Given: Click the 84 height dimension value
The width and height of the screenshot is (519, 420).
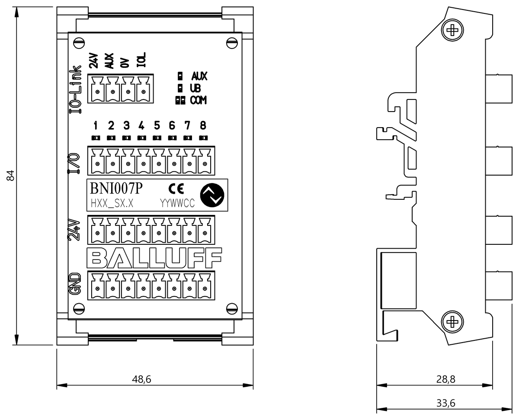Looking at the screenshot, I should click(x=12, y=175).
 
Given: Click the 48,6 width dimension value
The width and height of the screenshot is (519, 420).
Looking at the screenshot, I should click(x=141, y=379).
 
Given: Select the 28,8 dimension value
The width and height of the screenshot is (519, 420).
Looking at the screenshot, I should click(x=446, y=379).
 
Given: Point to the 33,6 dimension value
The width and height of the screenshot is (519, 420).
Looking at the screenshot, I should click(x=446, y=403).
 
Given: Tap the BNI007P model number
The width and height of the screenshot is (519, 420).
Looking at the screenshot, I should click(x=115, y=189).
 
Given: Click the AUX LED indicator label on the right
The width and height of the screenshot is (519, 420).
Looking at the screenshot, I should click(x=199, y=77).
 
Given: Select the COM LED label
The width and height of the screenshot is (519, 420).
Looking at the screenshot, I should click(x=198, y=100).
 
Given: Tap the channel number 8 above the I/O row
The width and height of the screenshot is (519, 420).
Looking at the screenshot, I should click(x=203, y=126).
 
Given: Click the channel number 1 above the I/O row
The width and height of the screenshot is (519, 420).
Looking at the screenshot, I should click(x=96, y=126).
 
